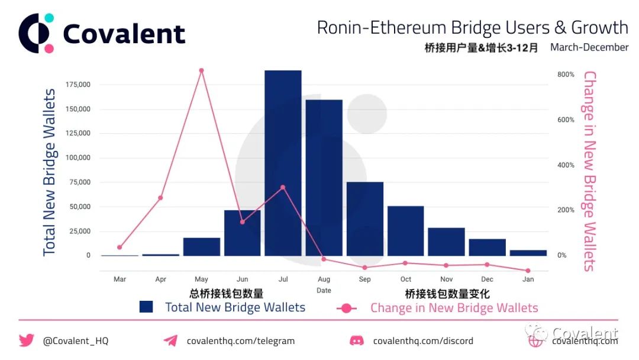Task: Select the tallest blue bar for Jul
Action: tap(283, 163)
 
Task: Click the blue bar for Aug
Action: tap(324, 178)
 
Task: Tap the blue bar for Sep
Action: tap(364, 219)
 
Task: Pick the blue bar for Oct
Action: tap(405, 231)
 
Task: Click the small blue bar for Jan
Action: tap(528, 253)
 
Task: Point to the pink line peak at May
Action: tap(201, 70)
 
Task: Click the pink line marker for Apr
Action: tap(160, 198)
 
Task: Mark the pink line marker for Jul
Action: tap(283, 188)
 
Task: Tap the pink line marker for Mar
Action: tap(120, 247)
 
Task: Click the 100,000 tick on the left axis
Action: tap(78, 157)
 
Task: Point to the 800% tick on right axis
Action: tap(566, 74)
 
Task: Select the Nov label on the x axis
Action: tap(446, 279)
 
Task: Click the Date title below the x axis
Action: tap(324, 290)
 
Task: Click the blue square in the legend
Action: tap(146, 307)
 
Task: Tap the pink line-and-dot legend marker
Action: tap(346, 308)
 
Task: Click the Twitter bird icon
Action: tap(27, 340)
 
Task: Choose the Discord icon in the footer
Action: tap(357, 340)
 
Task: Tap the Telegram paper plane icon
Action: tap(171, 340)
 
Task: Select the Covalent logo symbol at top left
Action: tap(36, 33)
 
